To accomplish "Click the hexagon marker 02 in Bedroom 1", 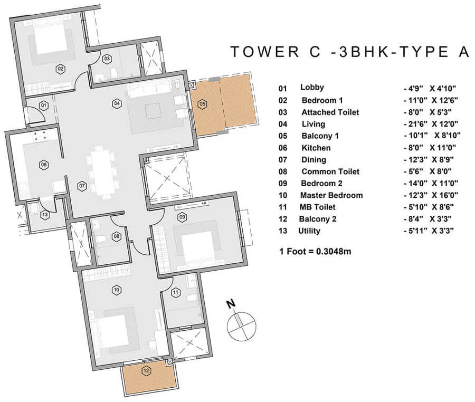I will pos(61,69).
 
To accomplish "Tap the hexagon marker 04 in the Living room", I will pos(116,103).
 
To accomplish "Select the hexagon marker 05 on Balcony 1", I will pos(202,104).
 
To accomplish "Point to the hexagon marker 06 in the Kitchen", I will pos(44,165).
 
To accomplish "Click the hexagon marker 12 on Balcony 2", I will pos(146,370).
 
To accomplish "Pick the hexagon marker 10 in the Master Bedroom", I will pos(117,289).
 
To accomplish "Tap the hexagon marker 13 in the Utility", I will pos(44,214).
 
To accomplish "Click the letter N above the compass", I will pos(230,304).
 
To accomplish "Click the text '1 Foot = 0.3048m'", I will pos(315,251).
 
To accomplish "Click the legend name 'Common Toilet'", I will pos(330,171).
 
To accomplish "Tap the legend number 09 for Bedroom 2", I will pos(283,184).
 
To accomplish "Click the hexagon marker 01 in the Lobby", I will pos(44,106).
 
